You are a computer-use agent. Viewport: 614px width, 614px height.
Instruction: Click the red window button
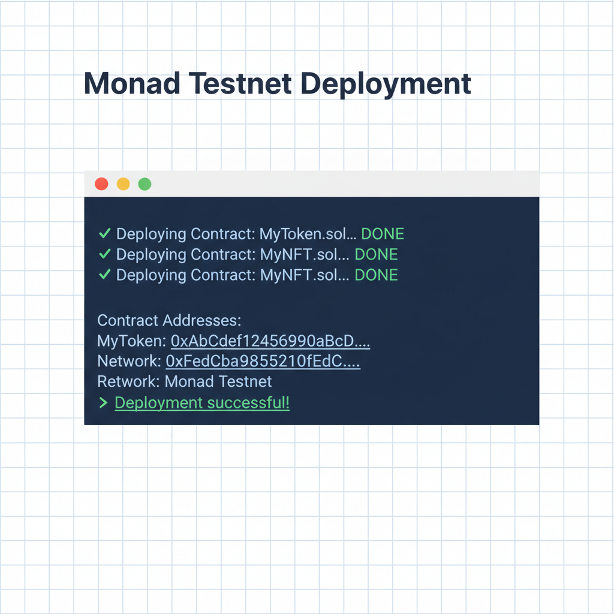(x=102, y=184)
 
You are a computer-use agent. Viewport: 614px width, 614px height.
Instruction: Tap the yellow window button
(x=123, y=184)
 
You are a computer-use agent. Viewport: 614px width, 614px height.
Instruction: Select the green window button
(x=145, y=184)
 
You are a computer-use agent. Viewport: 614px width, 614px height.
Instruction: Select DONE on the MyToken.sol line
(x=383, y=234)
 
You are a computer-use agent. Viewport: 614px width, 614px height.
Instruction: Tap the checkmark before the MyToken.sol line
(x=104, y=234)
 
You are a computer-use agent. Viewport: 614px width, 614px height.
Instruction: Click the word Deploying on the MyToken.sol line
(x=151, y=234)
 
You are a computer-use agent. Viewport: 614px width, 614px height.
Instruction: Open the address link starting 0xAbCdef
(x=270, y=342)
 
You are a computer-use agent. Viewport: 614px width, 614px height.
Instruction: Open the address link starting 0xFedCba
(x=263, y=362)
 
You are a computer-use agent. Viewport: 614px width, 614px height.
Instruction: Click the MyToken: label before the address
(x=131, y=342)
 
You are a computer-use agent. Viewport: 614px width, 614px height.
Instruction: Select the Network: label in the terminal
(x=129, y=362)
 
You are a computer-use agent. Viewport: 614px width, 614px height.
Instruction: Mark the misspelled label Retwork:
(x=129, y=382)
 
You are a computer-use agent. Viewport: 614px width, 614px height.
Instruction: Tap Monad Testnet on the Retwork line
(x=218, y=382)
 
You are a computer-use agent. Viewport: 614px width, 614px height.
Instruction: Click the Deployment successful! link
(x=202, y=403)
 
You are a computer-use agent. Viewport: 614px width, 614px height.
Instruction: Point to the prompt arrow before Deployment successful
(x=103, y=403)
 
